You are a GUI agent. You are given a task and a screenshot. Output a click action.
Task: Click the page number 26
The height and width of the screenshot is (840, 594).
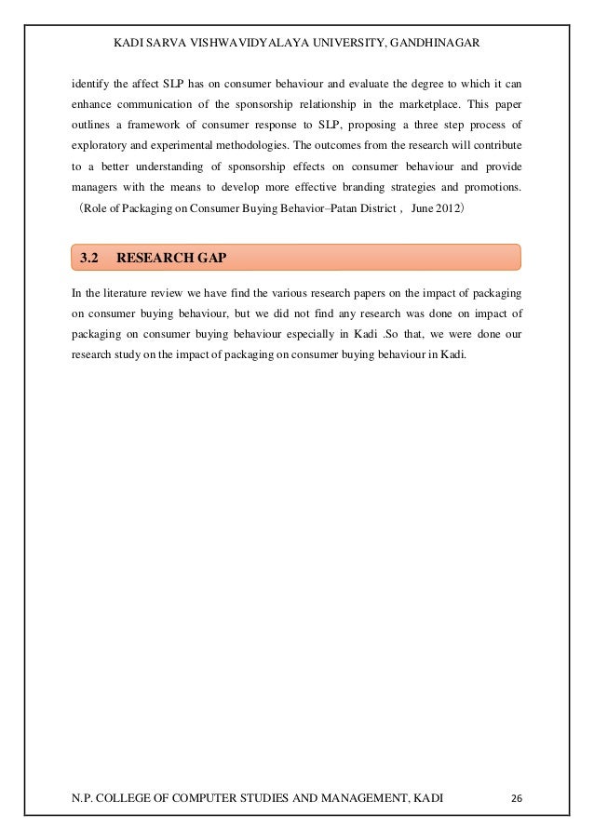(517, 798)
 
